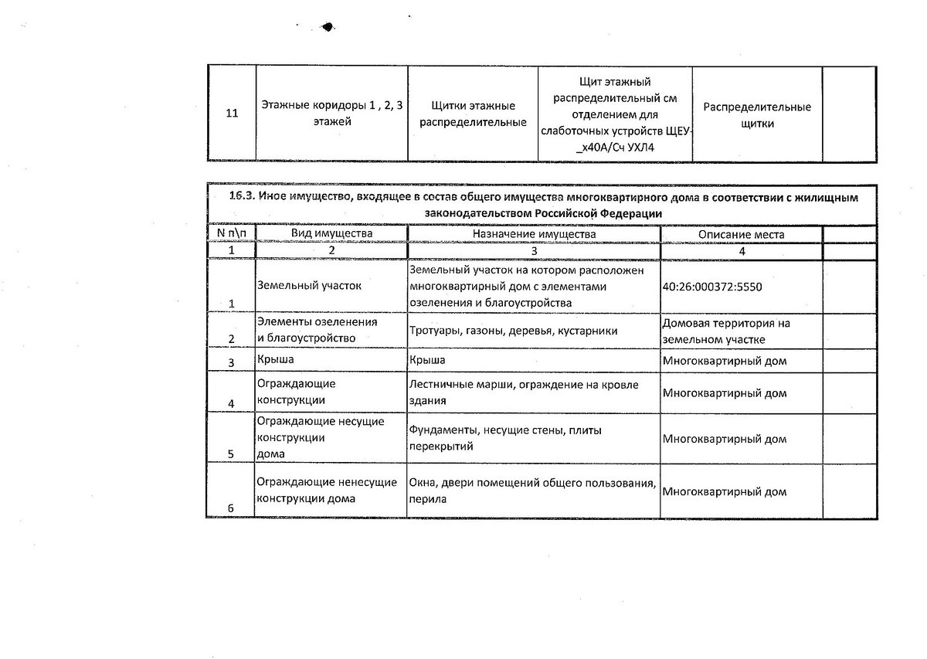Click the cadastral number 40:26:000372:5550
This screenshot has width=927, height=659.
712,287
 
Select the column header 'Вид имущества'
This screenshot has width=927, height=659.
331,233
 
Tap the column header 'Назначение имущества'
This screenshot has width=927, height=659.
534,233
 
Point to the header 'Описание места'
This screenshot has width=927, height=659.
741,233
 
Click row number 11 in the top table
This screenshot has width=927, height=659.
231,114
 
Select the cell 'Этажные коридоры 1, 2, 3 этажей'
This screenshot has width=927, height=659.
332,113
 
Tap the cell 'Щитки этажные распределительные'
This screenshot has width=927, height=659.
473,114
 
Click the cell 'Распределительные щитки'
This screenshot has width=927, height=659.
757,114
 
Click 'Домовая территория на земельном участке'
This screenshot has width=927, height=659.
725,331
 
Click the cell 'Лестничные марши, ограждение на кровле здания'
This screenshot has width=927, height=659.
523,392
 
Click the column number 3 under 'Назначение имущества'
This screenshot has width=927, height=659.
534,251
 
